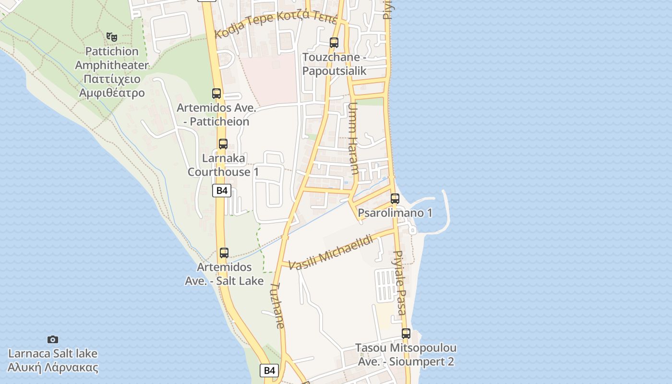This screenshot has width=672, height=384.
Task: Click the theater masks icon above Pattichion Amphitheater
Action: (x=112, y=36)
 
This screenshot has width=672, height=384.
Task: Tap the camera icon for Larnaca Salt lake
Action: (x=53, y=339)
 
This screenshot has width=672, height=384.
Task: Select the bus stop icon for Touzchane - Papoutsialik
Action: (x=334, y=43)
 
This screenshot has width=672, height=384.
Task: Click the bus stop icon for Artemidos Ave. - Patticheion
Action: (x=216, y=94)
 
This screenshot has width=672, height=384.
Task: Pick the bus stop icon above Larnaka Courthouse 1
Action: (x=223, y=144)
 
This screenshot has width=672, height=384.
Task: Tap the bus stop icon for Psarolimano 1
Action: (x=395, y=198)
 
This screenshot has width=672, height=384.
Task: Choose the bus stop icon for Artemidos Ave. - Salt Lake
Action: (x=224, y=252)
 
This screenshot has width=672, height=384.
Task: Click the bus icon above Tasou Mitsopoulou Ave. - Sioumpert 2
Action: (x=406, y=333)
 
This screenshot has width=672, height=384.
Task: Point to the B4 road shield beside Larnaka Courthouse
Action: (x=222, y=191)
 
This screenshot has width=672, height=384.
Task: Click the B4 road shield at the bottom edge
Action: (x=269, y=370)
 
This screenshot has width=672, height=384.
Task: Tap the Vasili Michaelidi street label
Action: (x=332, y=252)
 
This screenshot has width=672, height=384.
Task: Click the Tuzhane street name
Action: (x=277, y=305)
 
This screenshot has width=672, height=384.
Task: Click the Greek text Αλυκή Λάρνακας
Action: (x=53, y=368)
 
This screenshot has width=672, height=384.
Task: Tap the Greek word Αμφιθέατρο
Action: (x=112, y=92)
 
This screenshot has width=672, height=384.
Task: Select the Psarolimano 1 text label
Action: (x=395, y=213)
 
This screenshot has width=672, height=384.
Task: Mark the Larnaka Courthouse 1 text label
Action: (x=223, y=165)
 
